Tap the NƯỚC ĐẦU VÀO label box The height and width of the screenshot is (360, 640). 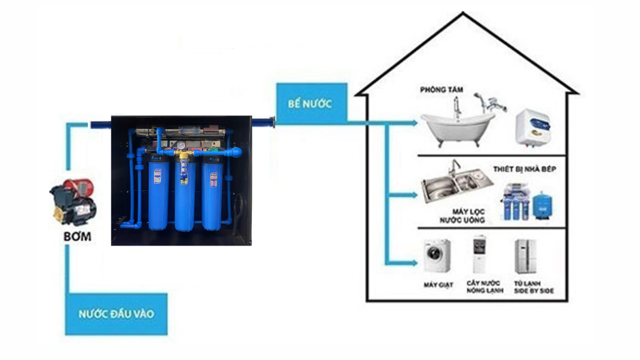tap(116, 314)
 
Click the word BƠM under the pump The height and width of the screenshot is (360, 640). tap(77, 237)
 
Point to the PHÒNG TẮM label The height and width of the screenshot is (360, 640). tap(442, 90)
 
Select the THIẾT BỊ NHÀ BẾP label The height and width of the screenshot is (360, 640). tap(524, 169)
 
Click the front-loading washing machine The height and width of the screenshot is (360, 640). tap(437, 256)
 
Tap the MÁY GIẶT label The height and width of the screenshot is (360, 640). tap(437, 285)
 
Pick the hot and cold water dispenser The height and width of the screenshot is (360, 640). tap(479, 254)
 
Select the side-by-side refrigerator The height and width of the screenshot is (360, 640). tap(525, 256)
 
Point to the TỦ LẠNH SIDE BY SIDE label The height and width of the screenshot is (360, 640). tap(533, 287)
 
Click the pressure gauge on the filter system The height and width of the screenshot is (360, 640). tap(181, 146)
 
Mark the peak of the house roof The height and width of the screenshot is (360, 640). tap(463, 14)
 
